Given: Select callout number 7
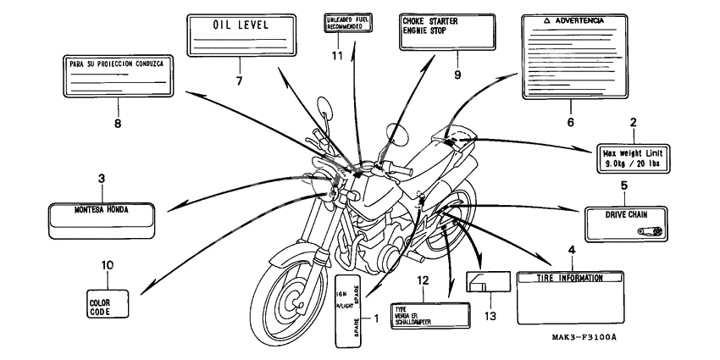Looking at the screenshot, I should pyautogui.click(x=240, y=80).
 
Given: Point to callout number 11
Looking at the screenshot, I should pyautogui.click(x=338, y=56).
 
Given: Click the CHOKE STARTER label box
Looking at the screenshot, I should pyautogui.click(x=446, y=30).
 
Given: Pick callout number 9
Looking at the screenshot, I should pyautogui.click(x=457, y=75).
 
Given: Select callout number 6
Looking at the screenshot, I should pyautogui.click(x=570, y=123).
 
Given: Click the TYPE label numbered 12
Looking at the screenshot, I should pyautogui.click(x=430, y=314).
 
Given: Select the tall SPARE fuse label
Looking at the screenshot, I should pyautogui.click(x=351, y=310).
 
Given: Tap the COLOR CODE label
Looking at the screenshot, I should pyautogui.click(x=108, y=301).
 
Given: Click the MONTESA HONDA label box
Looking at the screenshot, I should pyautogui.click(x=102, y=217).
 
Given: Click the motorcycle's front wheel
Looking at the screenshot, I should pyautogui.click(x=289, y=297).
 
